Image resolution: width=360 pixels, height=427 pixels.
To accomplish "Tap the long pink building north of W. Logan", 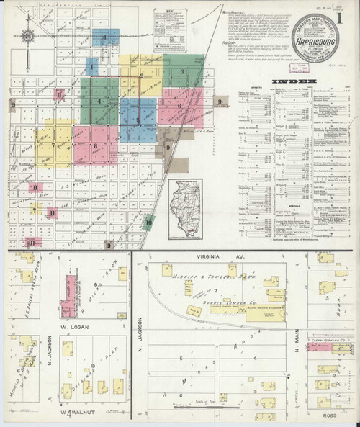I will click(x=69, y=292).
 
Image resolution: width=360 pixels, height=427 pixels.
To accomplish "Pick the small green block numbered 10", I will click(x=148, y=222).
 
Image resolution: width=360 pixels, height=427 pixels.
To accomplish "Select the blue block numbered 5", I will click(x=138, y=119).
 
